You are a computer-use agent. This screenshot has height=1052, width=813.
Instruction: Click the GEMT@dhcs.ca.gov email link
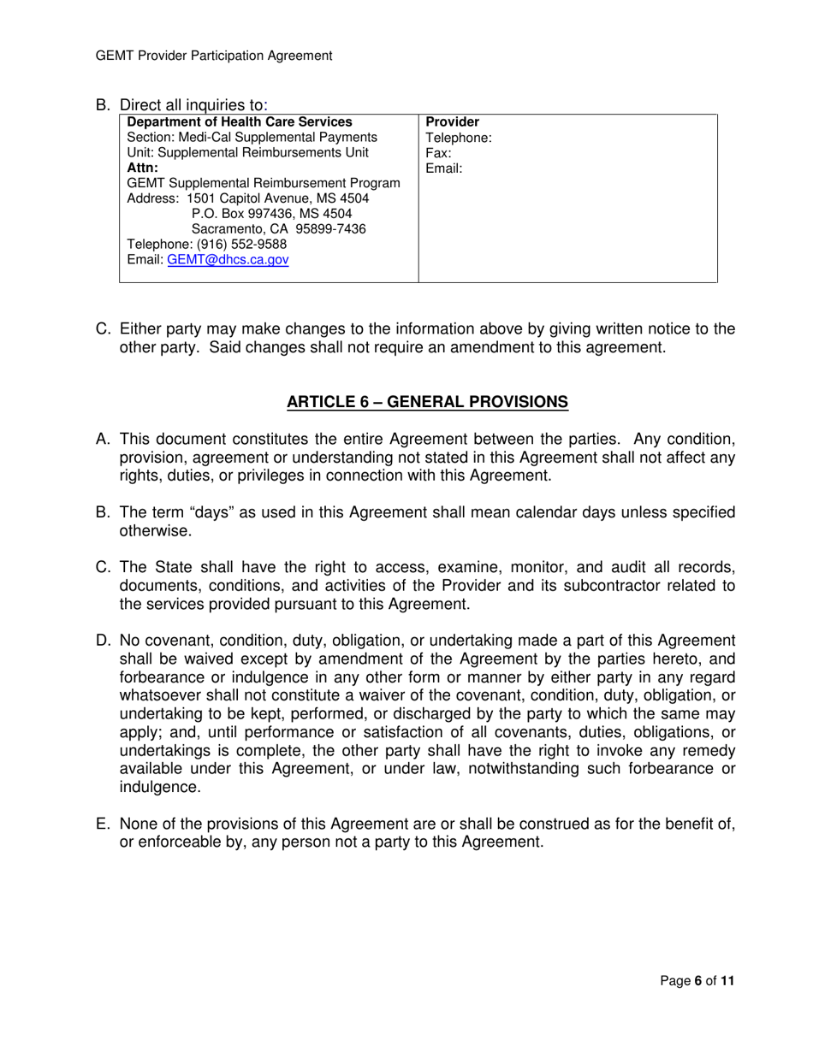[228, 260]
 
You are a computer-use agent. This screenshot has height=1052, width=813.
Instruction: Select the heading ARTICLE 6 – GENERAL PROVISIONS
[427, 401]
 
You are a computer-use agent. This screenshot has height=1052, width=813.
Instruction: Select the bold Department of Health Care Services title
[240, 121]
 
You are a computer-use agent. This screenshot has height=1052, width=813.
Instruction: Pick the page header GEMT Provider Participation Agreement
[214, 56]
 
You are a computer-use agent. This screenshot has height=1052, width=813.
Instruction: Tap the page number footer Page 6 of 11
[697, 981]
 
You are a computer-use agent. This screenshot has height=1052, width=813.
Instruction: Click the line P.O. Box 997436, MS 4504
[272, 214]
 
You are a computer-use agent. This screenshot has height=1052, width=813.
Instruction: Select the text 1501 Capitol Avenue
[243, 198]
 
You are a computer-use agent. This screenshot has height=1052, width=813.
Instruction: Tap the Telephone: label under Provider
[459, 137]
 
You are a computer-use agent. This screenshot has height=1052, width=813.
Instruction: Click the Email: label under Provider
[443, 168]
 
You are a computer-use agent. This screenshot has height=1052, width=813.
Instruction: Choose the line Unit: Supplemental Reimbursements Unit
[247, 153]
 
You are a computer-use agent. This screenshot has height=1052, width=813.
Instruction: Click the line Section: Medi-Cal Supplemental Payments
[252, 137]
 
